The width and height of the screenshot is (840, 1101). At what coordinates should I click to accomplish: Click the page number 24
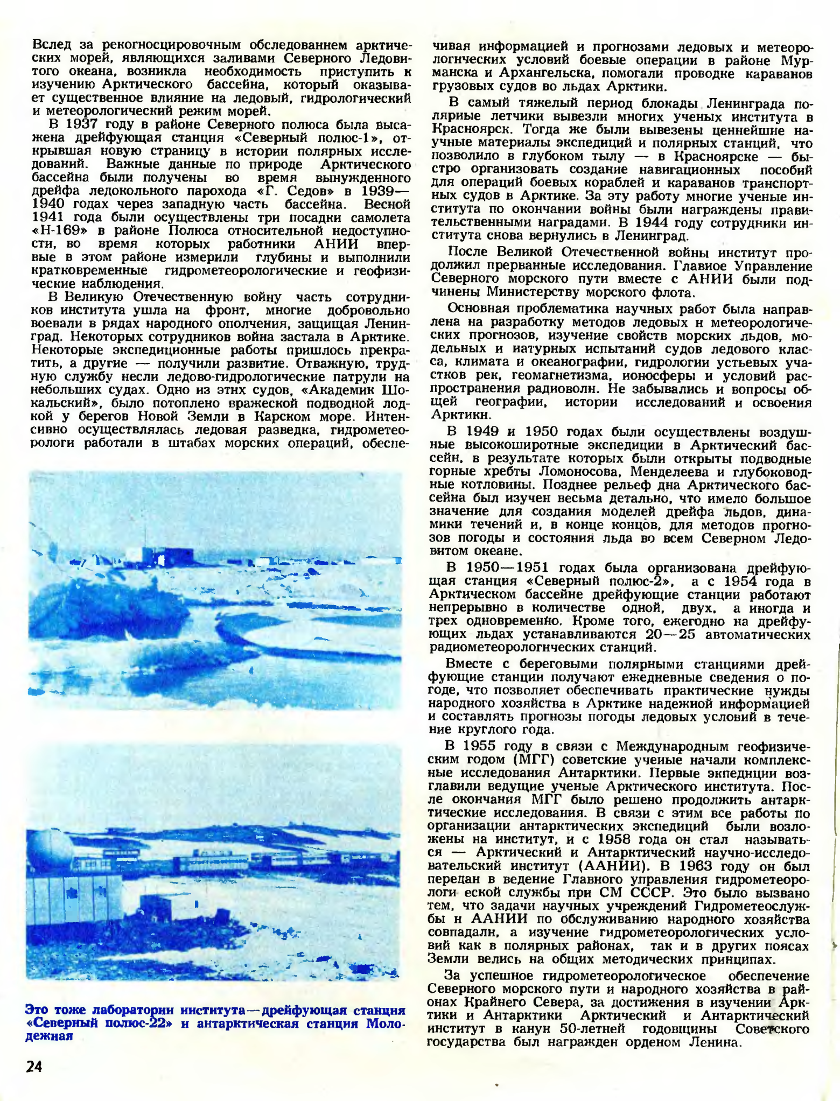click(x=34, y=1066)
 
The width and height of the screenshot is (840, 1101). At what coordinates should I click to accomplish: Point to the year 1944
click(x=646, y=223)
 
